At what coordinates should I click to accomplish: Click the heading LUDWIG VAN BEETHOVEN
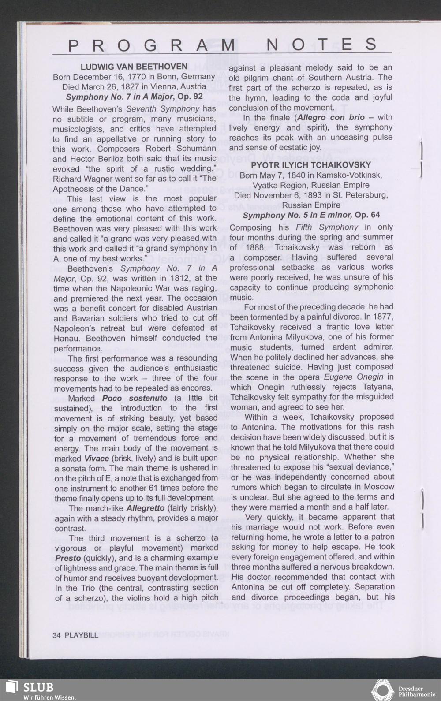pos(134,67)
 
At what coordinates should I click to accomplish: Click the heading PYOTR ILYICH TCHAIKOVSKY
pos(311,165)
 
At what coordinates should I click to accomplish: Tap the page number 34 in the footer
pos(56,635)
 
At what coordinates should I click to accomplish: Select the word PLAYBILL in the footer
pos(82,635)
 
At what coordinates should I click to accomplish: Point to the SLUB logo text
pos(38,688)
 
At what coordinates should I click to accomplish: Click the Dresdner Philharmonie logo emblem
pos(382,691)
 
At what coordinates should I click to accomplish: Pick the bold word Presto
pos(68,558)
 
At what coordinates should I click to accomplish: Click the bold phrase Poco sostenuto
pos(135,398)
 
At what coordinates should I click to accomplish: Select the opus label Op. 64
pos(367,215)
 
